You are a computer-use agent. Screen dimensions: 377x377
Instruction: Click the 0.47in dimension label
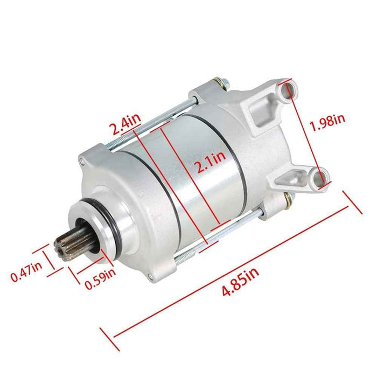coord(26,276)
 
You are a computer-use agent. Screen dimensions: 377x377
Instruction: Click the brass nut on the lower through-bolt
coord(289,200)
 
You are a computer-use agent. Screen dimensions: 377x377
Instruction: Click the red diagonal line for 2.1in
coord(188,178)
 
